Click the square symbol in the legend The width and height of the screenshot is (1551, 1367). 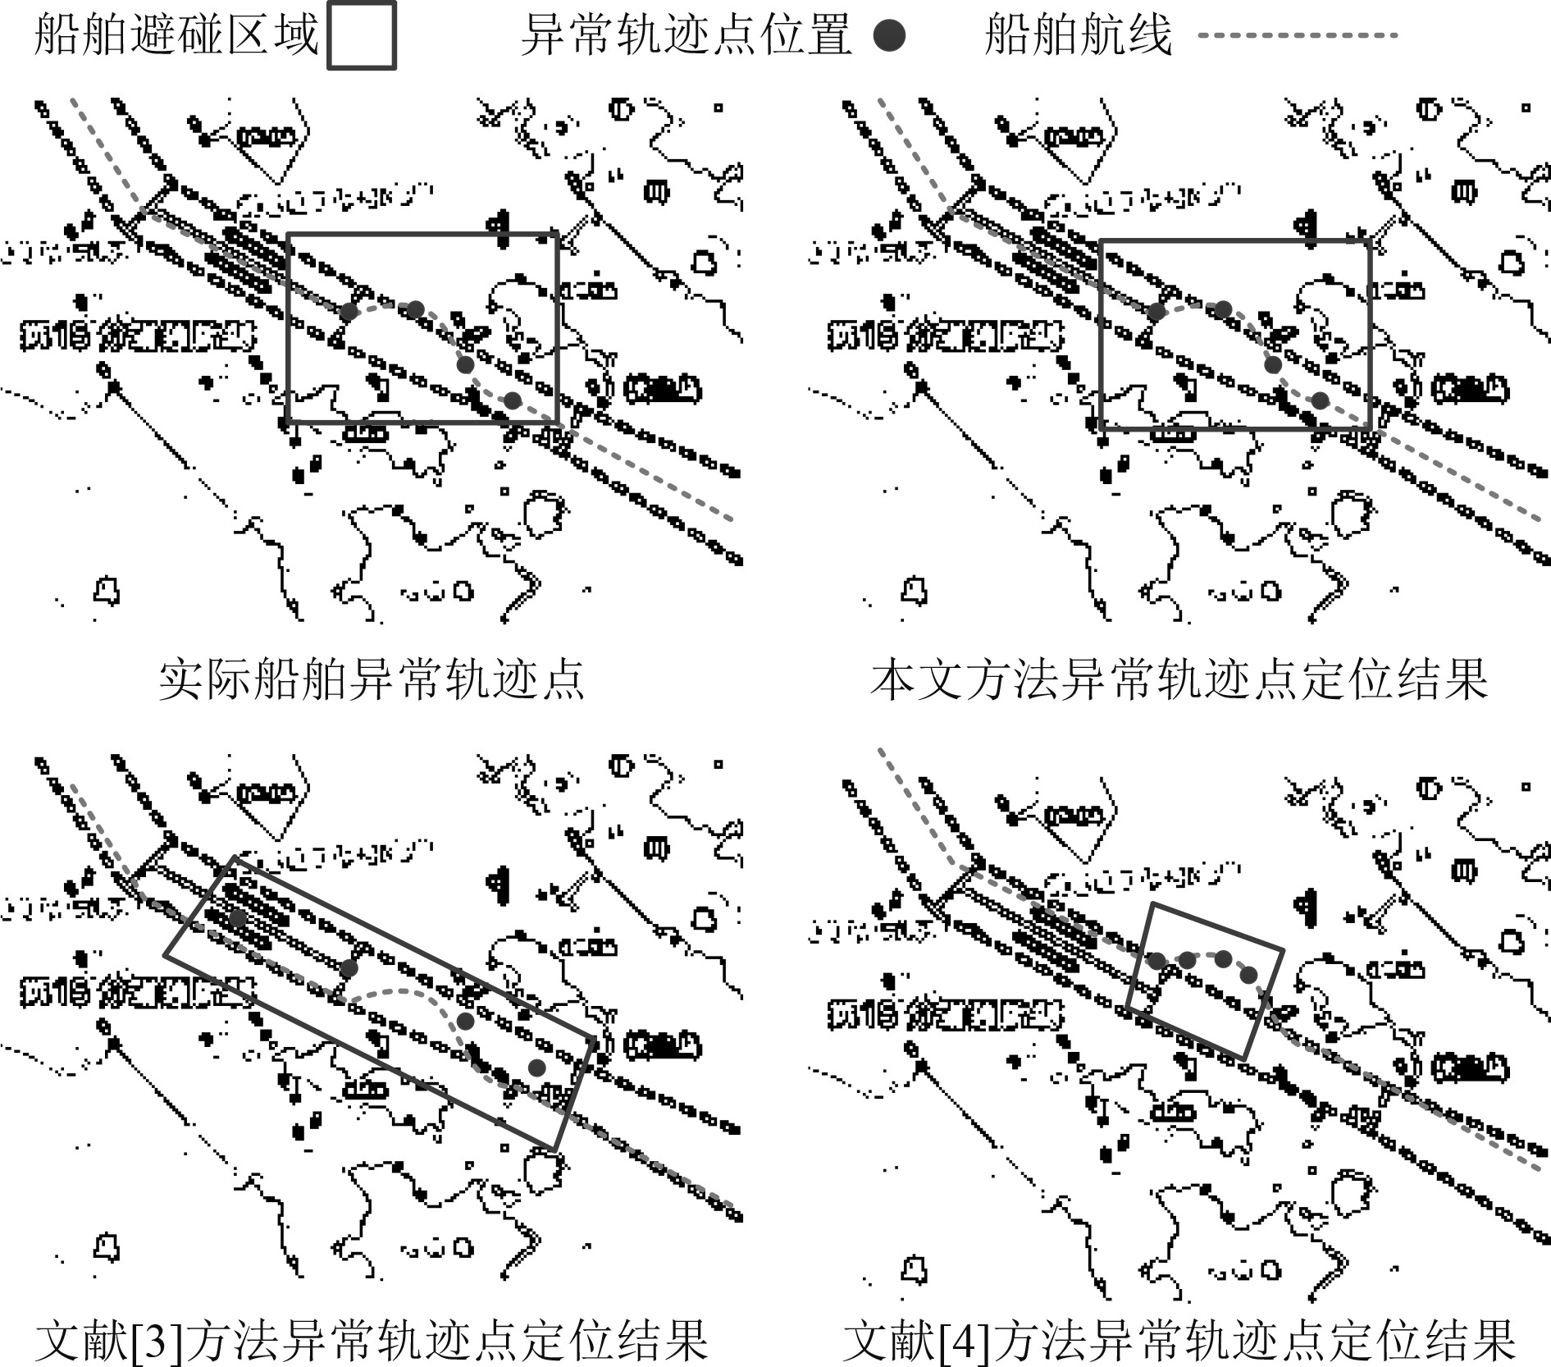362,35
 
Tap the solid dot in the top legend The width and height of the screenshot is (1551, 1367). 889,35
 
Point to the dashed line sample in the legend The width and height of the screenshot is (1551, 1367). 1296,35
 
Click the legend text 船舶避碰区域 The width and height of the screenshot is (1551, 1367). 176,35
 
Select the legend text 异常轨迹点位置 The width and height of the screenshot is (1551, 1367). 686,35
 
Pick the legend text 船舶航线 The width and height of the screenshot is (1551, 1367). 1078,35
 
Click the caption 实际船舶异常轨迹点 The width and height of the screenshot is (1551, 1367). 371,679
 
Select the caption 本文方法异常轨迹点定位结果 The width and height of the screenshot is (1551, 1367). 1179,679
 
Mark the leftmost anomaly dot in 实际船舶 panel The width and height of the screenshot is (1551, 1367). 349,312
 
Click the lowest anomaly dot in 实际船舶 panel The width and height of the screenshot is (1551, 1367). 512,400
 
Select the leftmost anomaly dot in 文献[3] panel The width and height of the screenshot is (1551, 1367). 237,917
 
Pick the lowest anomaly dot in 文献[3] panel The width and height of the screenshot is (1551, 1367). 536,1068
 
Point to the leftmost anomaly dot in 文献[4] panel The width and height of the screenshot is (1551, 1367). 1155,960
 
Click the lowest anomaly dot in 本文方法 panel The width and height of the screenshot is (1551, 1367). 1320,400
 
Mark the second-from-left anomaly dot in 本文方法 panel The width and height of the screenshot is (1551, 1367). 1223,309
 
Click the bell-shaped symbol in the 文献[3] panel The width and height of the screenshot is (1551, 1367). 107,1247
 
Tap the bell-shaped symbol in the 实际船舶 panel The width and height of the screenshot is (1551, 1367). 107,589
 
